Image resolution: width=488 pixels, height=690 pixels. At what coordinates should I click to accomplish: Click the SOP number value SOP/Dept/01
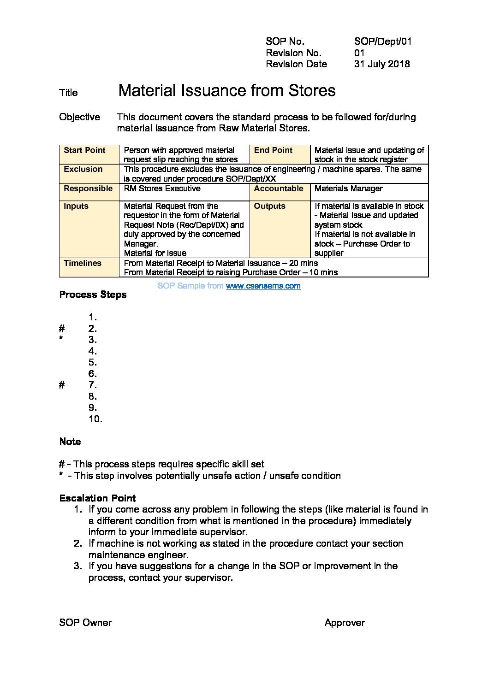(x=382, y=41)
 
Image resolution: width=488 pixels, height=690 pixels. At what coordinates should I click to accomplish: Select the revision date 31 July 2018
(x=381, y=64)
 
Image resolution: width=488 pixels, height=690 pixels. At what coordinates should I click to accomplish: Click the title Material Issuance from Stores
(x=226, y=90)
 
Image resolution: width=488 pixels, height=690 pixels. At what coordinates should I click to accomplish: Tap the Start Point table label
(x=84, y=150)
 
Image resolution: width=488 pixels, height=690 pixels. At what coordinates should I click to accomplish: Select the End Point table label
(x=273, y=150)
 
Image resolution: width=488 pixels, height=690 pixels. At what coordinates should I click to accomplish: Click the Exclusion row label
(x=83, y=169)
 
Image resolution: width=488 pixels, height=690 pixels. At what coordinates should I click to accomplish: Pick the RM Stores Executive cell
(x=162, y=189)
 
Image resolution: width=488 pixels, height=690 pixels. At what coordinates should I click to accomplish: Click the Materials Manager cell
(x=348, y=189)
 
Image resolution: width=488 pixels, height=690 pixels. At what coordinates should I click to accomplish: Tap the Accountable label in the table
(x=279, y=189)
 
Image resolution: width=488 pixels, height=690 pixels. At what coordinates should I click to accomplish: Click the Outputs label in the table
(x=269, y=206)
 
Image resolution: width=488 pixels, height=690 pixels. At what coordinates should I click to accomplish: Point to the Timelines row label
(x=83, y=263)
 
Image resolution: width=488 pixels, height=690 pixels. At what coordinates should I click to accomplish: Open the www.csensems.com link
(x=263, y=286)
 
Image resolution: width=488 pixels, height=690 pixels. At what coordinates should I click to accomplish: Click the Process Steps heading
(x=93, y=295)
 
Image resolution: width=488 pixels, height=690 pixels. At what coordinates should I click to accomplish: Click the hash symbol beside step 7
(x=62, y=385)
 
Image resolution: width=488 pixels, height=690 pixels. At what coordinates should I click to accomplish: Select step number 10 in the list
(x=95, y=419)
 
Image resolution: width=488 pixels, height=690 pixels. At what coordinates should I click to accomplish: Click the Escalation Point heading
(x=97, y=498)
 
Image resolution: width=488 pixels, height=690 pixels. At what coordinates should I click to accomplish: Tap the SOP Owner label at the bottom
(x=85, y=623)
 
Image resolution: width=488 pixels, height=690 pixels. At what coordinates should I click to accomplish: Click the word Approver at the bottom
(x=344, y=623)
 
